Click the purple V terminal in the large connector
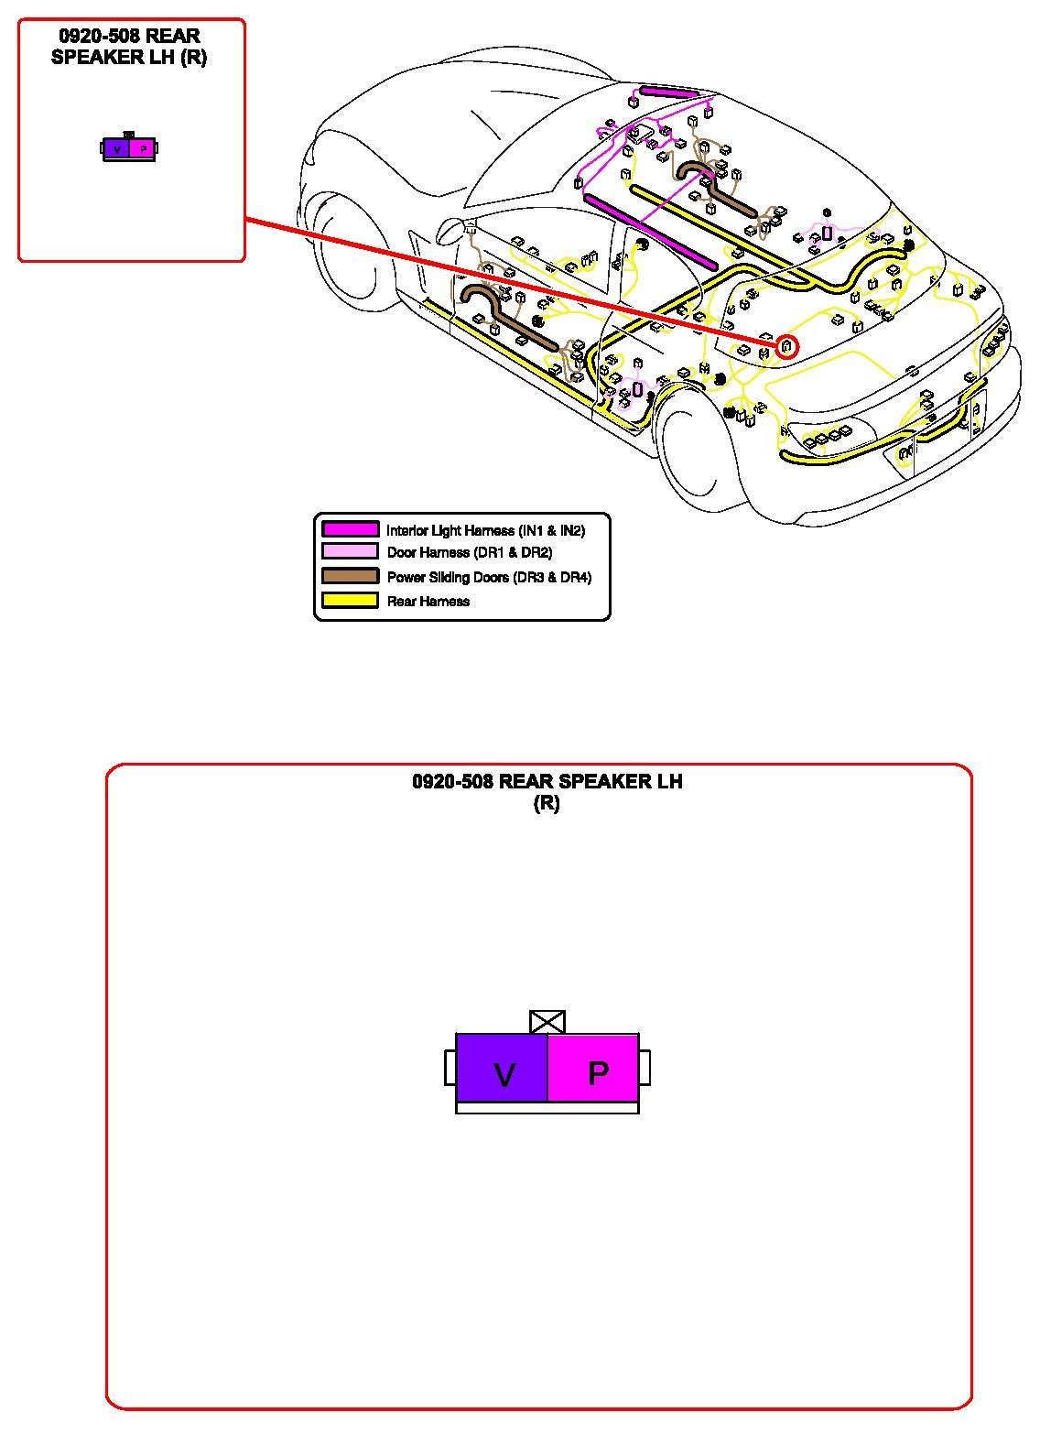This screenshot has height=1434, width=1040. [x=502, y=1068]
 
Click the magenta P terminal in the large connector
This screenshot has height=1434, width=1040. [x=593, y=1068]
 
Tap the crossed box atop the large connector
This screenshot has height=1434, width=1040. [x=547, y=1022]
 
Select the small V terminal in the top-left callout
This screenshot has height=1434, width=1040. [x=116, y=148]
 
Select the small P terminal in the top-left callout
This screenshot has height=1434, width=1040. [x=143, y=148]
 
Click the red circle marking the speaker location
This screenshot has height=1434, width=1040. [x=786, y=347]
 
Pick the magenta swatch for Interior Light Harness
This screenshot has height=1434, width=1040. [x=350, y=529]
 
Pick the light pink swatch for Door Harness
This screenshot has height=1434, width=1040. [x=350, y=551]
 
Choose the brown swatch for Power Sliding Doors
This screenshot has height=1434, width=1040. [x=350, y=576]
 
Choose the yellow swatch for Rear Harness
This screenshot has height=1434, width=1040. [x=350, y=601]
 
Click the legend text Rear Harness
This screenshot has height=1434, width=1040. [x=428, y=602]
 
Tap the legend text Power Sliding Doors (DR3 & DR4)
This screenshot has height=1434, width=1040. [x=489, y=577]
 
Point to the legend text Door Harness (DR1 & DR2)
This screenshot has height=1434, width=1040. [x=470, y=552]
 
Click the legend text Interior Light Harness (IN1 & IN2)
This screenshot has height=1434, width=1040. [x=485, y=530]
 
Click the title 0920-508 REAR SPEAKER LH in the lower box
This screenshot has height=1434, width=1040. [x=547, y=781]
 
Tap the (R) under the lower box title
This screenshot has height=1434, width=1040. [x=547, y=803]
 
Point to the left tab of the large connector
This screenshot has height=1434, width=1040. [x=450, y=1068]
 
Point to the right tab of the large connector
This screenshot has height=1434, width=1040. [x=645, y=1068]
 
